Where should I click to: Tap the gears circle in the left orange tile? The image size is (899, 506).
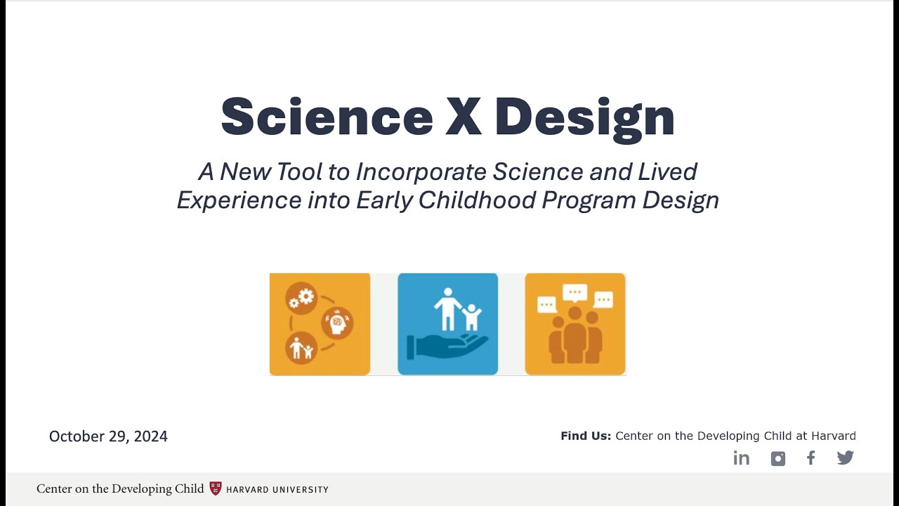(301, 298)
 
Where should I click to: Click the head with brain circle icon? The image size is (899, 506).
(337, 323)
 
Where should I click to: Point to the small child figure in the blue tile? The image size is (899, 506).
(472, 317)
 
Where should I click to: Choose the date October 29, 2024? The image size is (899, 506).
(108, 436)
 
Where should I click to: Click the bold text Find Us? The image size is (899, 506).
(586, 436)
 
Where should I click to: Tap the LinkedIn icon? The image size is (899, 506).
(742, 458)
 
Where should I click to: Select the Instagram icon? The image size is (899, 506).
(777, 459)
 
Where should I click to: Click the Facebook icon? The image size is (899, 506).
(811, 458)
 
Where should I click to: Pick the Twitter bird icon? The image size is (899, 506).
(846, 458)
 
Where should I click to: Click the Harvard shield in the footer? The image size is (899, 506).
(216, 488)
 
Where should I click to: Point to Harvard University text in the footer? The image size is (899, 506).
(277, 489)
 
